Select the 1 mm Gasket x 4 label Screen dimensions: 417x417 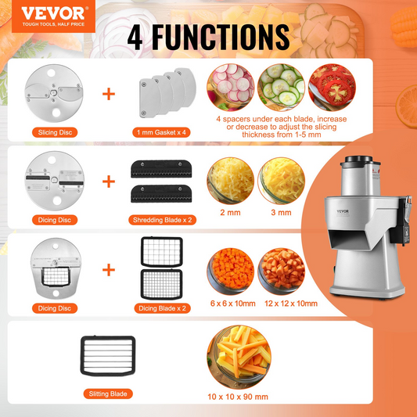161,133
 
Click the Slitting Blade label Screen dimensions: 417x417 106,394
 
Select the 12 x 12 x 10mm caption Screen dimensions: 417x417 289,302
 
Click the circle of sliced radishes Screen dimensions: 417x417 230,86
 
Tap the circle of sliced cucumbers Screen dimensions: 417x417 281,86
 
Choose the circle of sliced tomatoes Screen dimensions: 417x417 332,86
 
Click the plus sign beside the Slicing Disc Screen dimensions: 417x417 109,95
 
